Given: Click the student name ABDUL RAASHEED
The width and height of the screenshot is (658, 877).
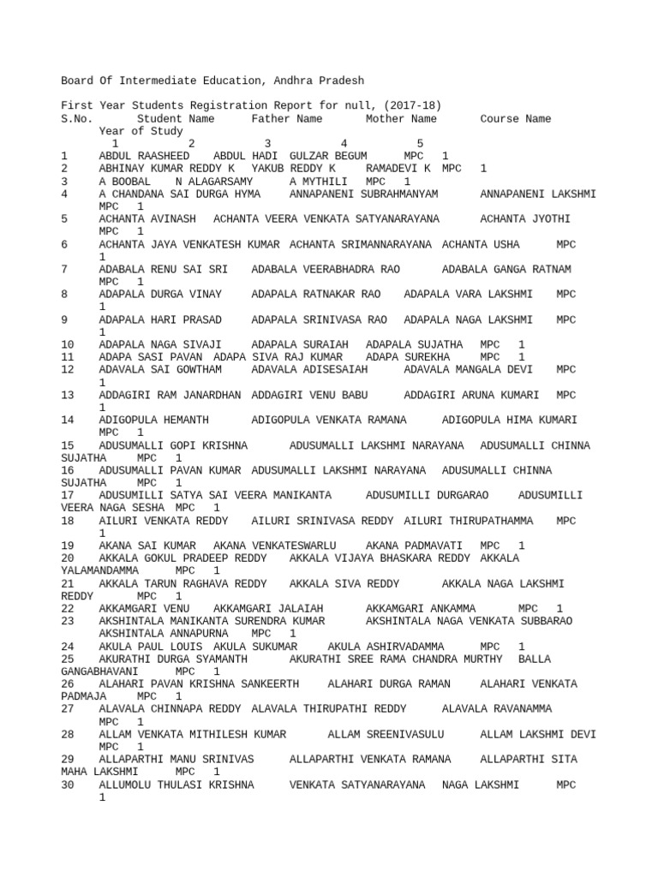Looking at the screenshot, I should click(x=144, y=157).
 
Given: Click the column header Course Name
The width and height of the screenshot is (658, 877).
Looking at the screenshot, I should click(x=515, y=119).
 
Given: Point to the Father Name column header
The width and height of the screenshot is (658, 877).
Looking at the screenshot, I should click(x=287, y=119).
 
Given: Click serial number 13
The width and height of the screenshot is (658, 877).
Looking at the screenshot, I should click(x=69, y=396).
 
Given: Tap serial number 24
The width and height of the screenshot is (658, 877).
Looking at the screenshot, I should click(x=69, y=647).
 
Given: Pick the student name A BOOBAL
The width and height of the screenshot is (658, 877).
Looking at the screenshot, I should click(x=125, y=182).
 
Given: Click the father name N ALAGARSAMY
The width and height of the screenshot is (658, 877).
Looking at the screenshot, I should click(x=214, y=182).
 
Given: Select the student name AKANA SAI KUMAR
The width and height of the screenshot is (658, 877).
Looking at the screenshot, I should click(x=147, y=546).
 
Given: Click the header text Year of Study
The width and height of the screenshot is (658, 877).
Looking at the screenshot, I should click(x=141, y=132).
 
